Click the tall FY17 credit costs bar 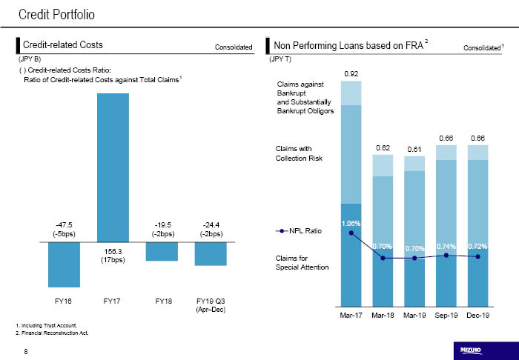pyautogui.click(x=113, y=167)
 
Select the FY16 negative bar pyautogui.click(x=64, y=264)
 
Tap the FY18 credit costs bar pyautogui.click(x=162, y=251)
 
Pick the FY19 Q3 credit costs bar pyautogui.click(x=211, y=253)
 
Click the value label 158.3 pyautogui.click(x=113, y=252)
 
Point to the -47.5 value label pyautogui.click(x=64, y=224)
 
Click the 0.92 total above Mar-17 pyautogui.click(x=351, y=73)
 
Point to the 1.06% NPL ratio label pyautogui.click(x=351, y=223)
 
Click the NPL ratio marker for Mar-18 pyautogui.click(x=383, y=258)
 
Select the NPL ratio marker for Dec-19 pyautogui.click(x=478, y=257)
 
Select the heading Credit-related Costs pyautogui.click(x=63, y=45)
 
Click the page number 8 pyautogui.click(x=26, y=350)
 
